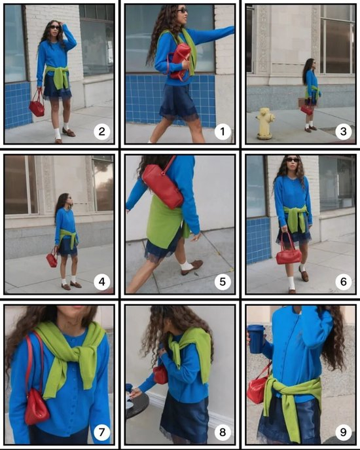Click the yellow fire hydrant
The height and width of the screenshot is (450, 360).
[265, 123]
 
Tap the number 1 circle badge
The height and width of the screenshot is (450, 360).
[223, 132]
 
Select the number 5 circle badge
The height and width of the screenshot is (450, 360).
[223, 282]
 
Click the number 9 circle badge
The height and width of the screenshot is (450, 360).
[343, 432]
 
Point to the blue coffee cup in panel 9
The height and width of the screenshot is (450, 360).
[257, 339]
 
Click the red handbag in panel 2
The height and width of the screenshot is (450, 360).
[37, 104]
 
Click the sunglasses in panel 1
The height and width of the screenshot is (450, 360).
[182, 11]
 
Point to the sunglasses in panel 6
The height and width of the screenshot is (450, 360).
[293, 160]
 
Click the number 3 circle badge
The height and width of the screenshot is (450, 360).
[343, 132]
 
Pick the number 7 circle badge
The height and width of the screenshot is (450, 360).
[101, 432]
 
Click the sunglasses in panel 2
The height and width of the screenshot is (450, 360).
[56, 28]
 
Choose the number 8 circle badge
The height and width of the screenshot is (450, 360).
[223, 432]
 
